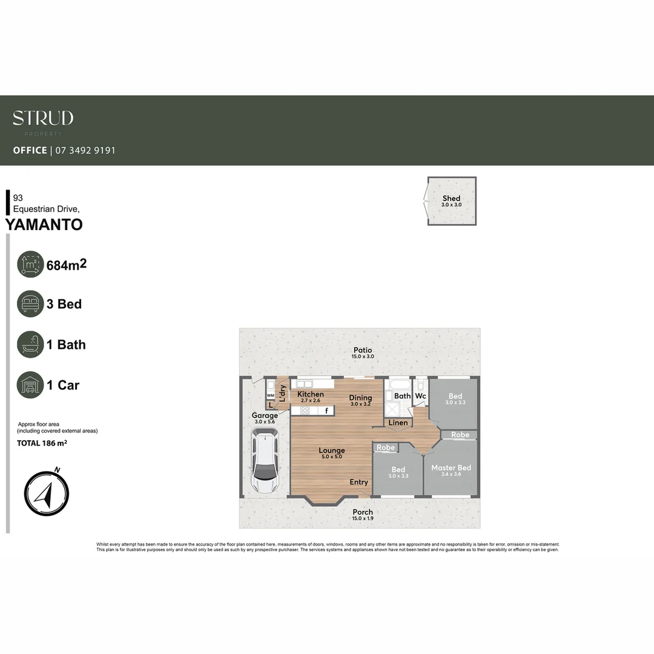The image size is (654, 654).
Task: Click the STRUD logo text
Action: tap(43, 118)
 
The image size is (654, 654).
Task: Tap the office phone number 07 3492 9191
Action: tap(85, 150)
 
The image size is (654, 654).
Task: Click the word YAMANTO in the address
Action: tap(44, 225)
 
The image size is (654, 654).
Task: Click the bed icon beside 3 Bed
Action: tap(30, 304)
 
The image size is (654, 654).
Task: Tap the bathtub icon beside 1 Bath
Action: tap(30, 345)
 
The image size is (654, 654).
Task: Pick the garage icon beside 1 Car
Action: tap(30, 385)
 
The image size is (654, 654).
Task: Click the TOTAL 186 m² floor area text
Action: tap(42, 443)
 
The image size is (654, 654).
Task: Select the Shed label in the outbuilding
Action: tap(451, 198)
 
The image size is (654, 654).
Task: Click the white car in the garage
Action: tap(265, 461)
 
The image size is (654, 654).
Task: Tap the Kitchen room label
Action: tap(310, 394)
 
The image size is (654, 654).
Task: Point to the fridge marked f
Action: tap(326, 411)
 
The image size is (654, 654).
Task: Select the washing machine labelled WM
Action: tap(270, 395)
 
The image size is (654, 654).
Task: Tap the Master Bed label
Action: tap(451, 467)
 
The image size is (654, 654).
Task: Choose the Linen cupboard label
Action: tap(398, 422)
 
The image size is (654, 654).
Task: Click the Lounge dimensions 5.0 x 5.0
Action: tap(331, 457)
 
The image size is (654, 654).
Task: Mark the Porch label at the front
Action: tap(363, 512)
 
